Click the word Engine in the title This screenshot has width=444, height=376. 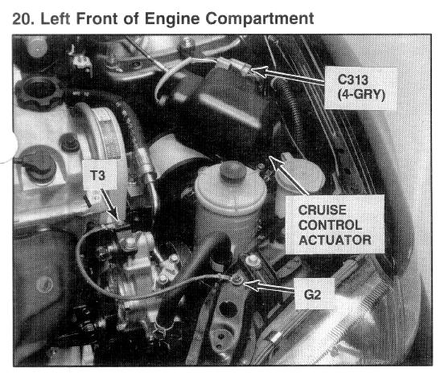click(x=172, y=19)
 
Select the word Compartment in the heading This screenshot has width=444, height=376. click(x=260, y=19)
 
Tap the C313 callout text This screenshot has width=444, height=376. click(x=353, y=80)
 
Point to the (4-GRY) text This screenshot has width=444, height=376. click(x=361, y=95)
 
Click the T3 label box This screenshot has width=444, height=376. click(x=98, y=175)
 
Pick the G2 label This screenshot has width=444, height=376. click(x=312, y=295)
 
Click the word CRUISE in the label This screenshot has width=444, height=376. click(x=323, y=210)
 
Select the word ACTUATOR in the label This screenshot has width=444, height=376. click(x=335, y=240)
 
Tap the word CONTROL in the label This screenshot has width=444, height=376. click(x=330, y=225)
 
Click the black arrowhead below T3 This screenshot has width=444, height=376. click(x=116, y=215)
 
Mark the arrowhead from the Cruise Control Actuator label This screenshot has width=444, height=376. click(x=274, y=162)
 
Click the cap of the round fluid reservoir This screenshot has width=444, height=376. click(x=232, y=170)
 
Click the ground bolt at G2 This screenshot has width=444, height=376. click(x=236, y=280)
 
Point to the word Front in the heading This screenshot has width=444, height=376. click(x=97, y=18)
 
